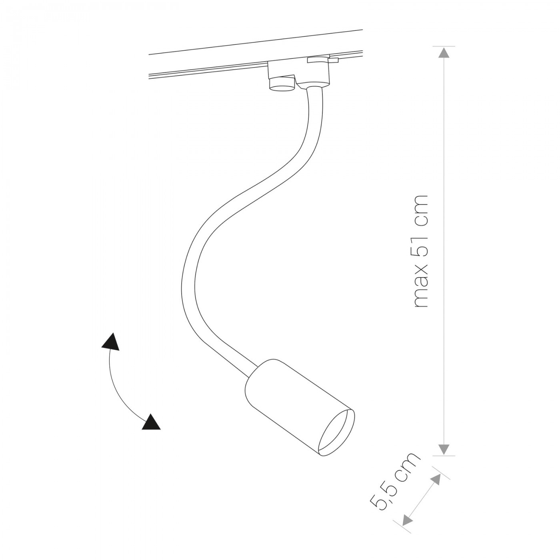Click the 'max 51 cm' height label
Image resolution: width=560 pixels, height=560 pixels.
[x=420, y=251]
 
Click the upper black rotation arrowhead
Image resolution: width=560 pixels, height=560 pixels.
[x=111, y=342]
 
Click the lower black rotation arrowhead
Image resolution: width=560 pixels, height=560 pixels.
[x=152, y=422]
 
